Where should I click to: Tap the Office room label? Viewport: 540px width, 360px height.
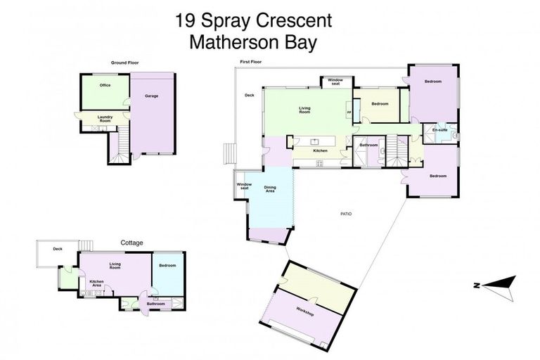click(x=105, y=86)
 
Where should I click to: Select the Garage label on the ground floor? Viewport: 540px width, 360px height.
click(x=150, y=96)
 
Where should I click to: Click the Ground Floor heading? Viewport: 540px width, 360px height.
click(x=124, y=63)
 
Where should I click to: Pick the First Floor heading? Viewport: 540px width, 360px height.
click(x=250, y=62)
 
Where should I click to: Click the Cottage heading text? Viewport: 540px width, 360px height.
click(x=131, y=243)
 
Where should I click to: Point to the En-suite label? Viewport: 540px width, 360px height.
click(x=440, y=130)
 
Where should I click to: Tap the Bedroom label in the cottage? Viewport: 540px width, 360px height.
click(x=167, y=265)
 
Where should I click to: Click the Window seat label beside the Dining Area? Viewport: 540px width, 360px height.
click(x=244, y=186)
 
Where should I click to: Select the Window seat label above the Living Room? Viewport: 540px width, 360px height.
click(x=335, y=82)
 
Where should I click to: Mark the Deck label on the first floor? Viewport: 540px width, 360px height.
click(x=249, y=95)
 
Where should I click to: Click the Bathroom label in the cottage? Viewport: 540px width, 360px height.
click(x=155, y=304)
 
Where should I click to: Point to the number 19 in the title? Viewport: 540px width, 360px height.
click(x=186, y=20)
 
